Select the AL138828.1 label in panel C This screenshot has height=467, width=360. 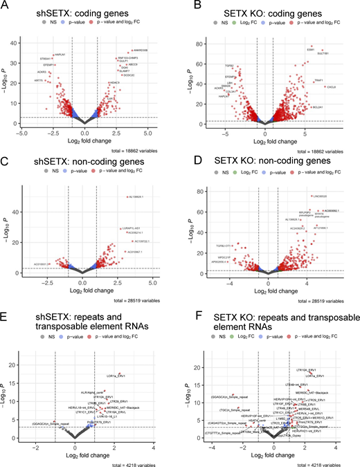point(136,197)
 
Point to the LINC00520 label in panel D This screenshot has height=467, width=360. point(322,196)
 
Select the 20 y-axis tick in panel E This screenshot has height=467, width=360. point(25,365)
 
